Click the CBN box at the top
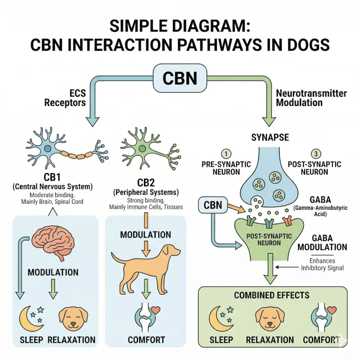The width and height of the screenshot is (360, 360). tap(180, 78)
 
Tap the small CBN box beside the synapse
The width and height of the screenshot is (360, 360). tap(213, 205)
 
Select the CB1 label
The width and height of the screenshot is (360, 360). tap(52, 177)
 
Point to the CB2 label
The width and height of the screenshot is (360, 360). tap(146, 183)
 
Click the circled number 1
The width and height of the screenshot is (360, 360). tap(226, 154)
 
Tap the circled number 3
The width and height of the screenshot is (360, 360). tap(316, 153)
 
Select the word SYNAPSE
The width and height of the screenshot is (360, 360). tap(270, 137)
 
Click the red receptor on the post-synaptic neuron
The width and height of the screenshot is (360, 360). tap(287, 220)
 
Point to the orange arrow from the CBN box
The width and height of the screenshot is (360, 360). tap(237, 208)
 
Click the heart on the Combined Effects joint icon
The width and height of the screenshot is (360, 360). tap(332, 310)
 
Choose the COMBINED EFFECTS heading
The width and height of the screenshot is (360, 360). tap(272, 295)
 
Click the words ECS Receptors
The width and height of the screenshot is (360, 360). tap(65, 98)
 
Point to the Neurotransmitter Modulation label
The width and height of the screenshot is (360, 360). tap(311, 98)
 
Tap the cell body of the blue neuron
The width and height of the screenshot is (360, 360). tap(48, 149)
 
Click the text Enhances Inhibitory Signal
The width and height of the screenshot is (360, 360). tap(322, 264)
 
